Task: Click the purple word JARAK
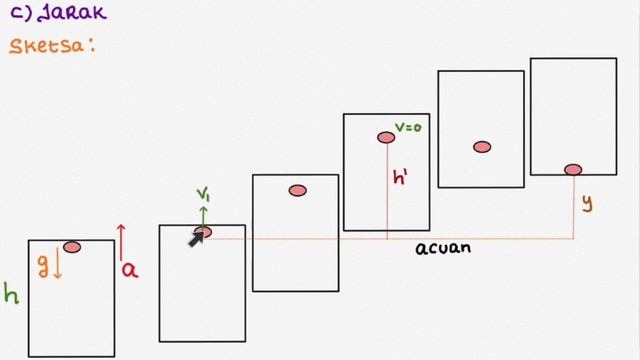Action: pyautogui.click(x=72, y=12)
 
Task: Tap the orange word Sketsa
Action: pyautogui.click(x=47, y=46)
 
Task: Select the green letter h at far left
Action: pyautogui.click(x=11, y=293)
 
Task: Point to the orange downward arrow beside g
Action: pyautogui.click(x=58, y=263)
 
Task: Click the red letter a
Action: pyautogui.click(x=130, y=271)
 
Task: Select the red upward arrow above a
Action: pyautogui.click(x=121, y=242)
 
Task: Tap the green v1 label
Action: pyautogui.click(x=203, y=194)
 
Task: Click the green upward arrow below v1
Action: pyautogui.click(x=203, y=217)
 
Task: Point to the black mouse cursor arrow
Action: pyautogui.click(x=196, y=240)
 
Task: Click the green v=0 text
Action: pyautogui.click(x=408, y=127)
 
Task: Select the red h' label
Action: pyautogui.click(x=400, y=177)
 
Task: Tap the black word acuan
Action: pyautogui.click(x=443, y=248)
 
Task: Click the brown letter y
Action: pyautogui.click(x=587, y=203)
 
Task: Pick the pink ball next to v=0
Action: pyautogui.click(x=386, y=138)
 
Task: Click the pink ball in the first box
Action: pyautogui.click(x=72, y=247)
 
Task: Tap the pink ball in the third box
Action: pyautogui.click(x=298, y=191)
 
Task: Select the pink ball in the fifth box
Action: pyautogui.click(x=482, y=147)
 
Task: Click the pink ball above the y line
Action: pyautogui.click(x=573, y=169)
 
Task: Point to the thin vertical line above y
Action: pyautogui.click(x=574, y=207)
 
